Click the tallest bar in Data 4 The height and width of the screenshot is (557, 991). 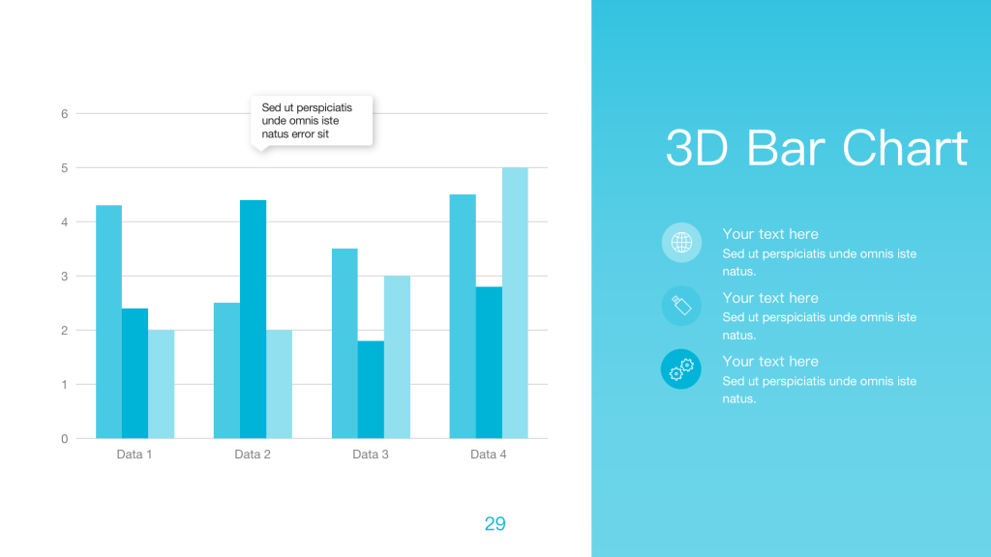(x=515, y=303)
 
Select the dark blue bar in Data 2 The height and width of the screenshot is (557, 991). (x=253, y=319)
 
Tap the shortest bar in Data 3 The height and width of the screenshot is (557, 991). (x=371, y=390)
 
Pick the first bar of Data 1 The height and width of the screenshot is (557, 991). (x=108, y=321)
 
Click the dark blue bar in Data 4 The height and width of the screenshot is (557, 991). (x=489, y=363)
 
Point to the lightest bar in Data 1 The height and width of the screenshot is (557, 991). (x=162, y=384)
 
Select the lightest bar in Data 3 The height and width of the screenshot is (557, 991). (x=397, y=357)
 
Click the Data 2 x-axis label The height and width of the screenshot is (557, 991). (x=253, y=454)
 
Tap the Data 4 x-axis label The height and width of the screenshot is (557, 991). (x=488, y=454)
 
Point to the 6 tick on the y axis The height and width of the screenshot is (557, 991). (x=65, y=114)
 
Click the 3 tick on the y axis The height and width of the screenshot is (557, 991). (x=65, y=276)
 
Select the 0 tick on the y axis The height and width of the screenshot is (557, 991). (x=65, y=439)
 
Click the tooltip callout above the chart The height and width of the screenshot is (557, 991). (x=312, y=121)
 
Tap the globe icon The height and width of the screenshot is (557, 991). (x=681, y=242)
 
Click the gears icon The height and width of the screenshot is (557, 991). (x=681, y=369)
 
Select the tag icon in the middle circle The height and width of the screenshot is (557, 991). (x=681, y=306)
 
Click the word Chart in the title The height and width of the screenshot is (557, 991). (x=905, y=148)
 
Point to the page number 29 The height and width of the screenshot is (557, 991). (x=495, y=523)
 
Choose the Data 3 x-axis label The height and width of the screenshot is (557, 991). (x=371, y=454)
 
